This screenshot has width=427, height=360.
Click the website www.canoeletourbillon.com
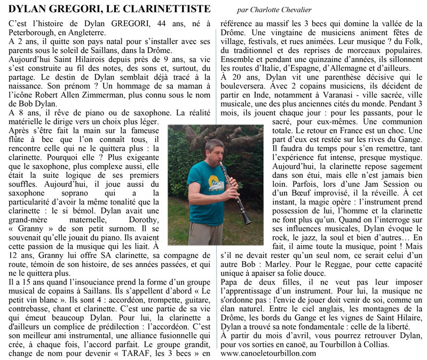[x=268, y=353]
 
